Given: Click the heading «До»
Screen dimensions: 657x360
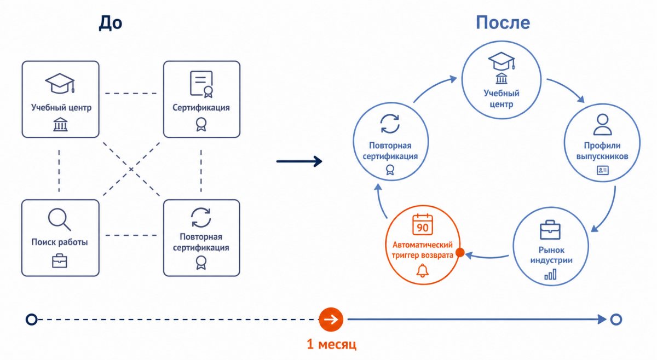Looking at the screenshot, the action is tap(110, 23).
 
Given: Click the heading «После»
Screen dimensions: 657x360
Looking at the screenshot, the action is tap(503, 22).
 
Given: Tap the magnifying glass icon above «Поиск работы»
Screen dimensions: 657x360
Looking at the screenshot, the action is tap(59, 219).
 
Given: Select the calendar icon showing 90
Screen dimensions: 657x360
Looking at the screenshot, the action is tap(422, 224).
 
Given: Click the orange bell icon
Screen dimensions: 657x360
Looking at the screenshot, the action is tap(422, 270).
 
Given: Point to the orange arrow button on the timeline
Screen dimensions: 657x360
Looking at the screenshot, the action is tap(331, 320).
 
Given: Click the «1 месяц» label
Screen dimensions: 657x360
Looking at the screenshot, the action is tap(331, 344).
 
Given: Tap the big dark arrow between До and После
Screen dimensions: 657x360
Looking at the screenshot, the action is tap(299, 161).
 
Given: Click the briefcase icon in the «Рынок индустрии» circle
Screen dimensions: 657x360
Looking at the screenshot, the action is tap(550, 230).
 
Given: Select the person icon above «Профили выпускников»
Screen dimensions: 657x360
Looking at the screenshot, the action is tap(602, 125).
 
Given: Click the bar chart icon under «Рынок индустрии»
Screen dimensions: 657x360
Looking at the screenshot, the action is tap(550, 275).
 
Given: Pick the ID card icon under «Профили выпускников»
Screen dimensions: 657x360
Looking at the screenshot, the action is tap(602, 170).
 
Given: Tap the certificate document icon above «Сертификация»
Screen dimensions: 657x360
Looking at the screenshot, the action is tap(201, 84).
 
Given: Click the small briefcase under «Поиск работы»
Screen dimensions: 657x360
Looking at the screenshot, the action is tap(60, 261).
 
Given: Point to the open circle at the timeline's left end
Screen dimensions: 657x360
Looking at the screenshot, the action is tap(32, 320).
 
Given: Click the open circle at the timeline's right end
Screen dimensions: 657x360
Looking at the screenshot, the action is tap(616, 320).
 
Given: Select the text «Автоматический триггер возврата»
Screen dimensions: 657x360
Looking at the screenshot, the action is tap(422, 250).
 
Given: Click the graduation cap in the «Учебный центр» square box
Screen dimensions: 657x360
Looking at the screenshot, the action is tap(60, 84).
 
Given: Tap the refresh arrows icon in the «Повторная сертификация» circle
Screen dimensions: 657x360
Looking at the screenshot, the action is tap(390, 124).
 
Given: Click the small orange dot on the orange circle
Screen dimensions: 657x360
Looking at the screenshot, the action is tap(460, 252).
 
